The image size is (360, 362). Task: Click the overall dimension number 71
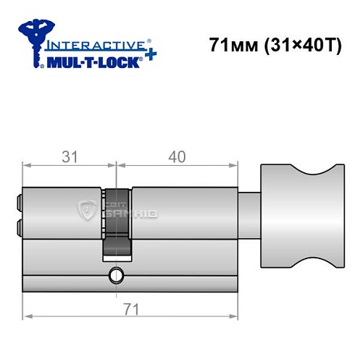(132, 309)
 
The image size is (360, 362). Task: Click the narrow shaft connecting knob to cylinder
(248, 214)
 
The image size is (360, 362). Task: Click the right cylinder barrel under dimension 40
(185, 214)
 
